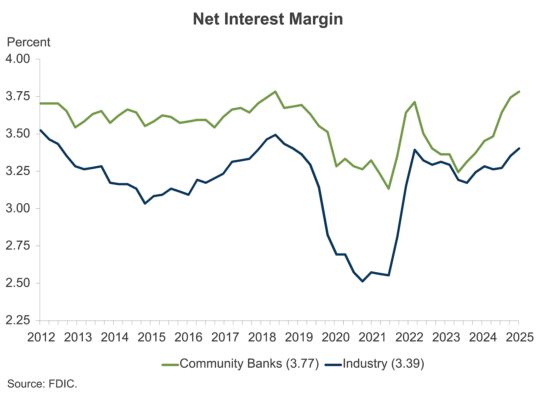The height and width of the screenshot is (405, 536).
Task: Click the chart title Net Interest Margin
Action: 268,19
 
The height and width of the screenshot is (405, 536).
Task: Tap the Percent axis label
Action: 28,42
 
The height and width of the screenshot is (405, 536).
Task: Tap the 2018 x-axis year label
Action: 262,337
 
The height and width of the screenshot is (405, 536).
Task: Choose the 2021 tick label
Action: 372,337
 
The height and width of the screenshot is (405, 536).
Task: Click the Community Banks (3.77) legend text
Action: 249,364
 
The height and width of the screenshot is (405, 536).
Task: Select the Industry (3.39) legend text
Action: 383,364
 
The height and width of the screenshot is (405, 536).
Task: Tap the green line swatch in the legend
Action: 170,365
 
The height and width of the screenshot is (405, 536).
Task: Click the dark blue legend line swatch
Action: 333,365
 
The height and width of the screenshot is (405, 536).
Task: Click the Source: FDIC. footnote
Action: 42,384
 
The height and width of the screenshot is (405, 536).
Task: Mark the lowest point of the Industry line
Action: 362,281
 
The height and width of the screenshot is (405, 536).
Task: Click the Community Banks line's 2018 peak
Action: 275,92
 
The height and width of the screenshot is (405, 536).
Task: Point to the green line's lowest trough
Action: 389,189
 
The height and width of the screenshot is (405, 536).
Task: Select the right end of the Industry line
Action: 519,149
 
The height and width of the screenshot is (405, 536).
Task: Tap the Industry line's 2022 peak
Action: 415,150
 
